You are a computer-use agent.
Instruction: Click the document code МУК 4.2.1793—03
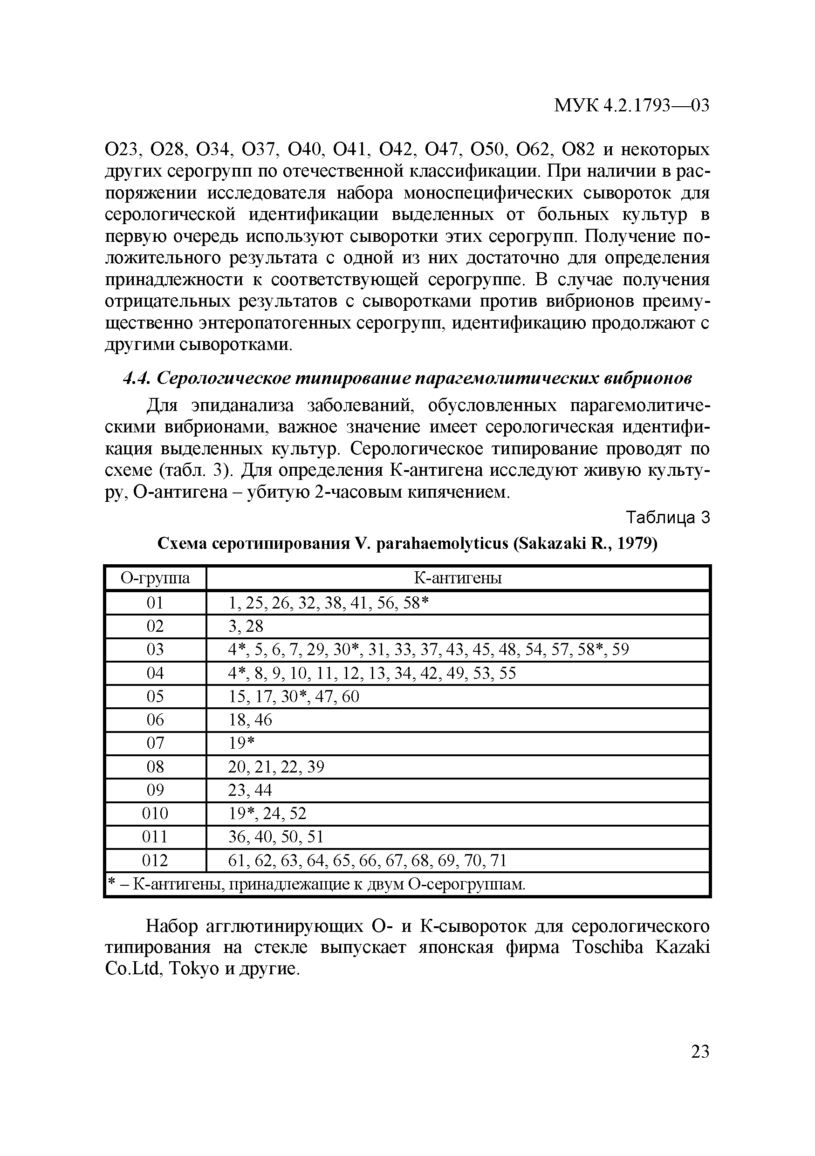pos(631,106)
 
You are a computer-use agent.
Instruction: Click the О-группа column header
pos(155,578)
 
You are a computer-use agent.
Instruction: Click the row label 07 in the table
pos(155,743)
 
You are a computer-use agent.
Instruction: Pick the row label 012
pos(155,861)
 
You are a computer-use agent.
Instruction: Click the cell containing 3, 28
pos(246,626)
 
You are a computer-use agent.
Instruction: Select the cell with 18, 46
pos(250,720)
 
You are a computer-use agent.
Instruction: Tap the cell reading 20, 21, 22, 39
pos(276,767)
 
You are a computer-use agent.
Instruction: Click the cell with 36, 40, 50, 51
pos(275,837)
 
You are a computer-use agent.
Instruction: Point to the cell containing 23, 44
pos(250,791)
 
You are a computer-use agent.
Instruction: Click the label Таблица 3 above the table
pos(667,517)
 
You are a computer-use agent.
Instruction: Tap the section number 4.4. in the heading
pos(137,378)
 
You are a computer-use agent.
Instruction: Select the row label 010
pos(155,814)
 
